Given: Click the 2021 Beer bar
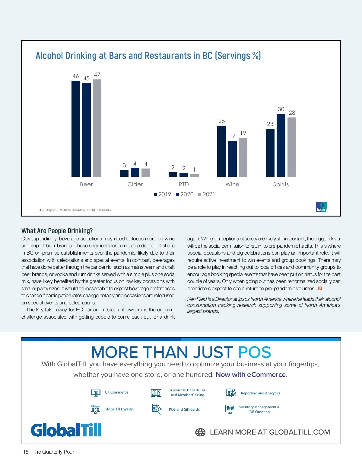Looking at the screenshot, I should point(97,128).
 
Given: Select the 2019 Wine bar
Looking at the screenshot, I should point(221,151).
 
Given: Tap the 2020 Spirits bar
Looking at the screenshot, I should point(281,145).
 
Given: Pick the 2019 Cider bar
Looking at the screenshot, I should point(124,173).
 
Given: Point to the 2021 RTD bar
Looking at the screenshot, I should point(195,175).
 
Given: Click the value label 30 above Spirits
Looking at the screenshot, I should point(281,109).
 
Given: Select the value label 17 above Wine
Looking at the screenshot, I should point(232,136).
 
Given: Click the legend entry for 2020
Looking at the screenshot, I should point(185,194).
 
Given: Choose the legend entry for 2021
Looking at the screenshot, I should point(207,194).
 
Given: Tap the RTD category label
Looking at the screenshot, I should point(183,184).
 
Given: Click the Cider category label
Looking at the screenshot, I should point(135,184).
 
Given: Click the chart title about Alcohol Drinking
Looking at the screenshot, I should point(148,56).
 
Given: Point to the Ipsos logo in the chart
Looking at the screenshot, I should point(321,207).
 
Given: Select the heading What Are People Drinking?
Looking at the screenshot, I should point(57,231).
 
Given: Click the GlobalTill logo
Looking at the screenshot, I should point(66,430).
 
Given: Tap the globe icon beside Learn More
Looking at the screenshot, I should point(200,432).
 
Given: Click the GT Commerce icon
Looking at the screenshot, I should point(96,392).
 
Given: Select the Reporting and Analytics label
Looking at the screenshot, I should point(260,393).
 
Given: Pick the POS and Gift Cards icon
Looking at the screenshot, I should point(157,409).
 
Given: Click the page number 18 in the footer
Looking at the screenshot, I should point(26,452).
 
